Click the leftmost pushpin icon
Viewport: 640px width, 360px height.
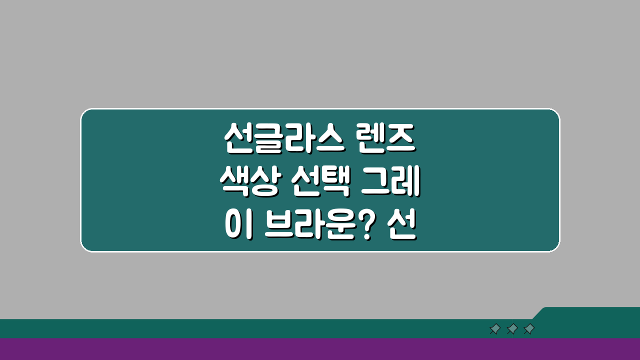point(495,329)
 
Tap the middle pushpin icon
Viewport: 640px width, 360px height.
point(512,329)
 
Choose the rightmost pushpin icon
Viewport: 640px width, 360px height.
point(529,329)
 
